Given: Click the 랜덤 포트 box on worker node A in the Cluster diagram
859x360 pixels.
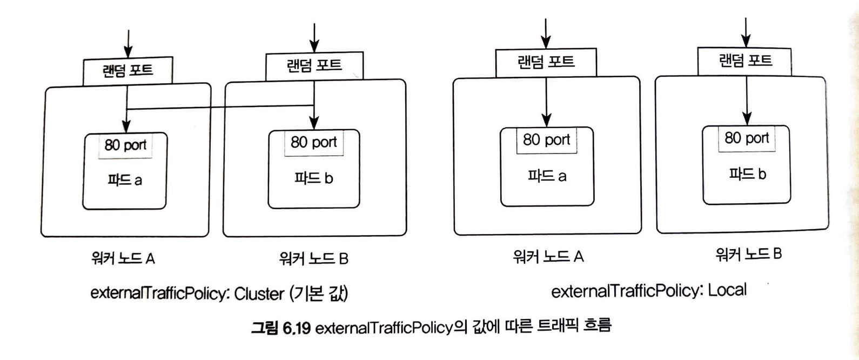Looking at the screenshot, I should pyautogui.click(x=127, y=71).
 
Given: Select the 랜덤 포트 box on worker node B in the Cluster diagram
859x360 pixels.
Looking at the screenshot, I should pyautogui.click(x=314, y=66).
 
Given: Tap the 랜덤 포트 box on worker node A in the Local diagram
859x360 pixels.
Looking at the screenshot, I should pyautogui.click(x=546, y=63).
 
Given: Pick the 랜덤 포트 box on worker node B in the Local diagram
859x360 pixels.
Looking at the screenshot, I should pyautogui.click(x=744, y=61).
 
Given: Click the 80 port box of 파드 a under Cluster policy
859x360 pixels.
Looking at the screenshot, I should pyautogui.click(x=125, y=145).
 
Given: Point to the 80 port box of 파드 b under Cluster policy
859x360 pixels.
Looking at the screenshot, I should pyautogui.click(x=313, y=142).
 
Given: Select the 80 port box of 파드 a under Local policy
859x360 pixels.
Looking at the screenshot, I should pyautogui.click(x=546, y=140).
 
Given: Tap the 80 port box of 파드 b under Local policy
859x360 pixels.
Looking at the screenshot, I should pyautogui.click(x=747, y=138).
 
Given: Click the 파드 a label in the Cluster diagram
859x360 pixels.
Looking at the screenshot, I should pyautogui.click(x=124, y=180).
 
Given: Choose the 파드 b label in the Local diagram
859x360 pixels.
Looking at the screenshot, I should pyautogui.click(x=747, y=174).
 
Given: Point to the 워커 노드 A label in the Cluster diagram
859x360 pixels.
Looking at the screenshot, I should pyautogui.click(x=123, y=258).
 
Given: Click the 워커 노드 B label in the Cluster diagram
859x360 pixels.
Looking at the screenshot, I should pyautogui.click(x=313, y=258).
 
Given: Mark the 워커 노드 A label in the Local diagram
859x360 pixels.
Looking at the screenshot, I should pyautogui.click(x=548, y=256).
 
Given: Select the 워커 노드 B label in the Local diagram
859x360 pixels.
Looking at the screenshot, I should pyautogui.click(x=748, y=254).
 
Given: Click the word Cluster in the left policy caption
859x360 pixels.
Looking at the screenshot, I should pyautogui.click(x=259, y=294).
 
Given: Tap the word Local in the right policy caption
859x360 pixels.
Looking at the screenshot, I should pyautogui.click(x=727, y=290).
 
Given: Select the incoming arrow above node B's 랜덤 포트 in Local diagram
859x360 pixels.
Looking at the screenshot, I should pyautogui.click(x=746, y=32).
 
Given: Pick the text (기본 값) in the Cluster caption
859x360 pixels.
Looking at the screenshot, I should pyautogui.click(x=319, y=294).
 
